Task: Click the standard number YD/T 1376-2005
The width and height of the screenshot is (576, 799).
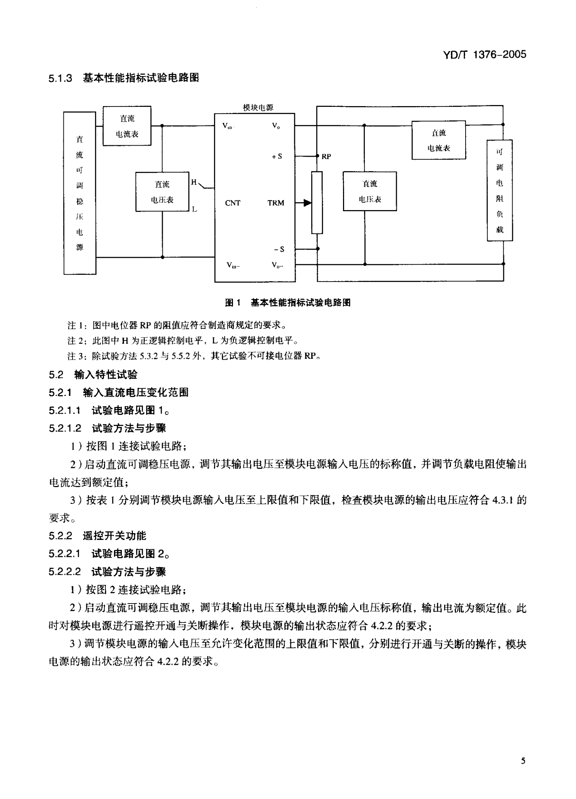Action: click(484, 54)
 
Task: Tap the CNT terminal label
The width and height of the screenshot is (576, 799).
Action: click(233, 203)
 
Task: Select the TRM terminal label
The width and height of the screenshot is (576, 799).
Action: click(276, 203)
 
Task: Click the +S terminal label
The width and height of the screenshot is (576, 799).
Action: click(277, 156)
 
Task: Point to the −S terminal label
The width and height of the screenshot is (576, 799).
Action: click(279, 249)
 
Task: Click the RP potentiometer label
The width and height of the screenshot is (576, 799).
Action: click(326, 157)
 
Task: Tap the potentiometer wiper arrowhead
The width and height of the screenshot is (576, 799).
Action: click(307, 203)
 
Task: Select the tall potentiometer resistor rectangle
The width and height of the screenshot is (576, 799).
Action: click(317, 203)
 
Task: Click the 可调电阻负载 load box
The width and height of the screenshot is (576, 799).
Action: click(500, 190)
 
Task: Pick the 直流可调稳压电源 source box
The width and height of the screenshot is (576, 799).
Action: click(80, 193)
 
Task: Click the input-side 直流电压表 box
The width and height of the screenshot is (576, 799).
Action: click(162, 192)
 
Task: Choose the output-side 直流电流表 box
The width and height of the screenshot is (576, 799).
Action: click(439, 140)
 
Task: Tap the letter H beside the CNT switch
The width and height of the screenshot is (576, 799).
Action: click(194, 182)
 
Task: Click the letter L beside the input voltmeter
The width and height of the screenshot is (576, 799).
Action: click(194, 209)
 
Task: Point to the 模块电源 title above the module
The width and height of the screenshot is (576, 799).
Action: click(258, 108)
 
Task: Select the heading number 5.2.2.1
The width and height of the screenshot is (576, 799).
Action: click(64, 554)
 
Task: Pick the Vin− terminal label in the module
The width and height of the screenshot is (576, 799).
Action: click(233, 265)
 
